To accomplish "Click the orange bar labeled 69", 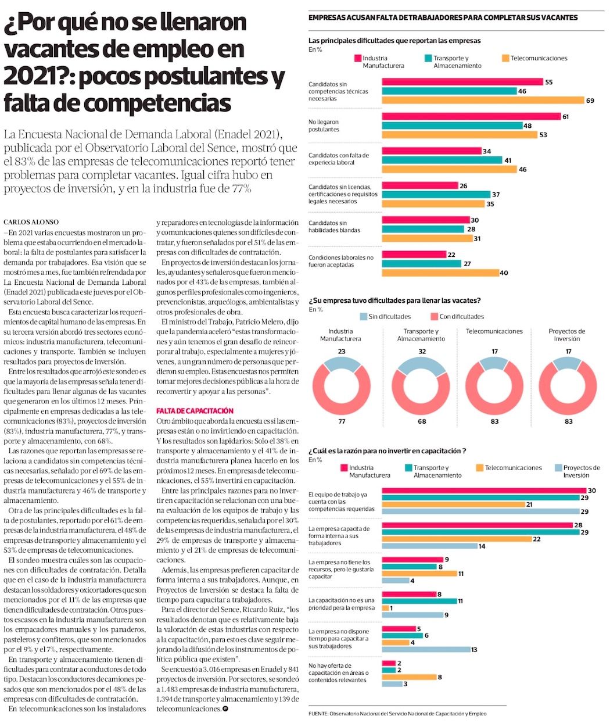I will [483, 100].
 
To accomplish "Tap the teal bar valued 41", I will [442, 160].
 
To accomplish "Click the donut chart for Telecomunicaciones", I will [494, 388].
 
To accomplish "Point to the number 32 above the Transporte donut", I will [422, 352].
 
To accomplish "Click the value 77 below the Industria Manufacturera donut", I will [342, 421].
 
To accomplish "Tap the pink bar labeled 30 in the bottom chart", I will [485, 491].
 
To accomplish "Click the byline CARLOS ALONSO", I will [31, 222].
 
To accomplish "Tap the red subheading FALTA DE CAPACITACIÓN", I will [195, 411].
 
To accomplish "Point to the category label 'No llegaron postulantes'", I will [324, 126].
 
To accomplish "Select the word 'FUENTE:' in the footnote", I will [318, 714].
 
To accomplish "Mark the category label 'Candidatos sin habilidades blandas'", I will [334, 227].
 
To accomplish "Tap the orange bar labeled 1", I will [385, 608].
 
